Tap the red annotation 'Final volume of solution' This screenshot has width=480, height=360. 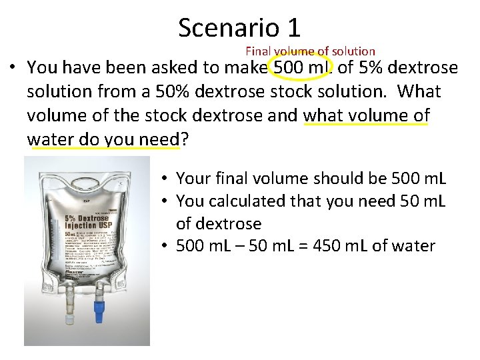point(310,51)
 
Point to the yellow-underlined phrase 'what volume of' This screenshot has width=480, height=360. point(366,115)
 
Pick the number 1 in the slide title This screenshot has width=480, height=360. point(293,27)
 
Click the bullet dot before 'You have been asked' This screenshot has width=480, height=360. point(13,67)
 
